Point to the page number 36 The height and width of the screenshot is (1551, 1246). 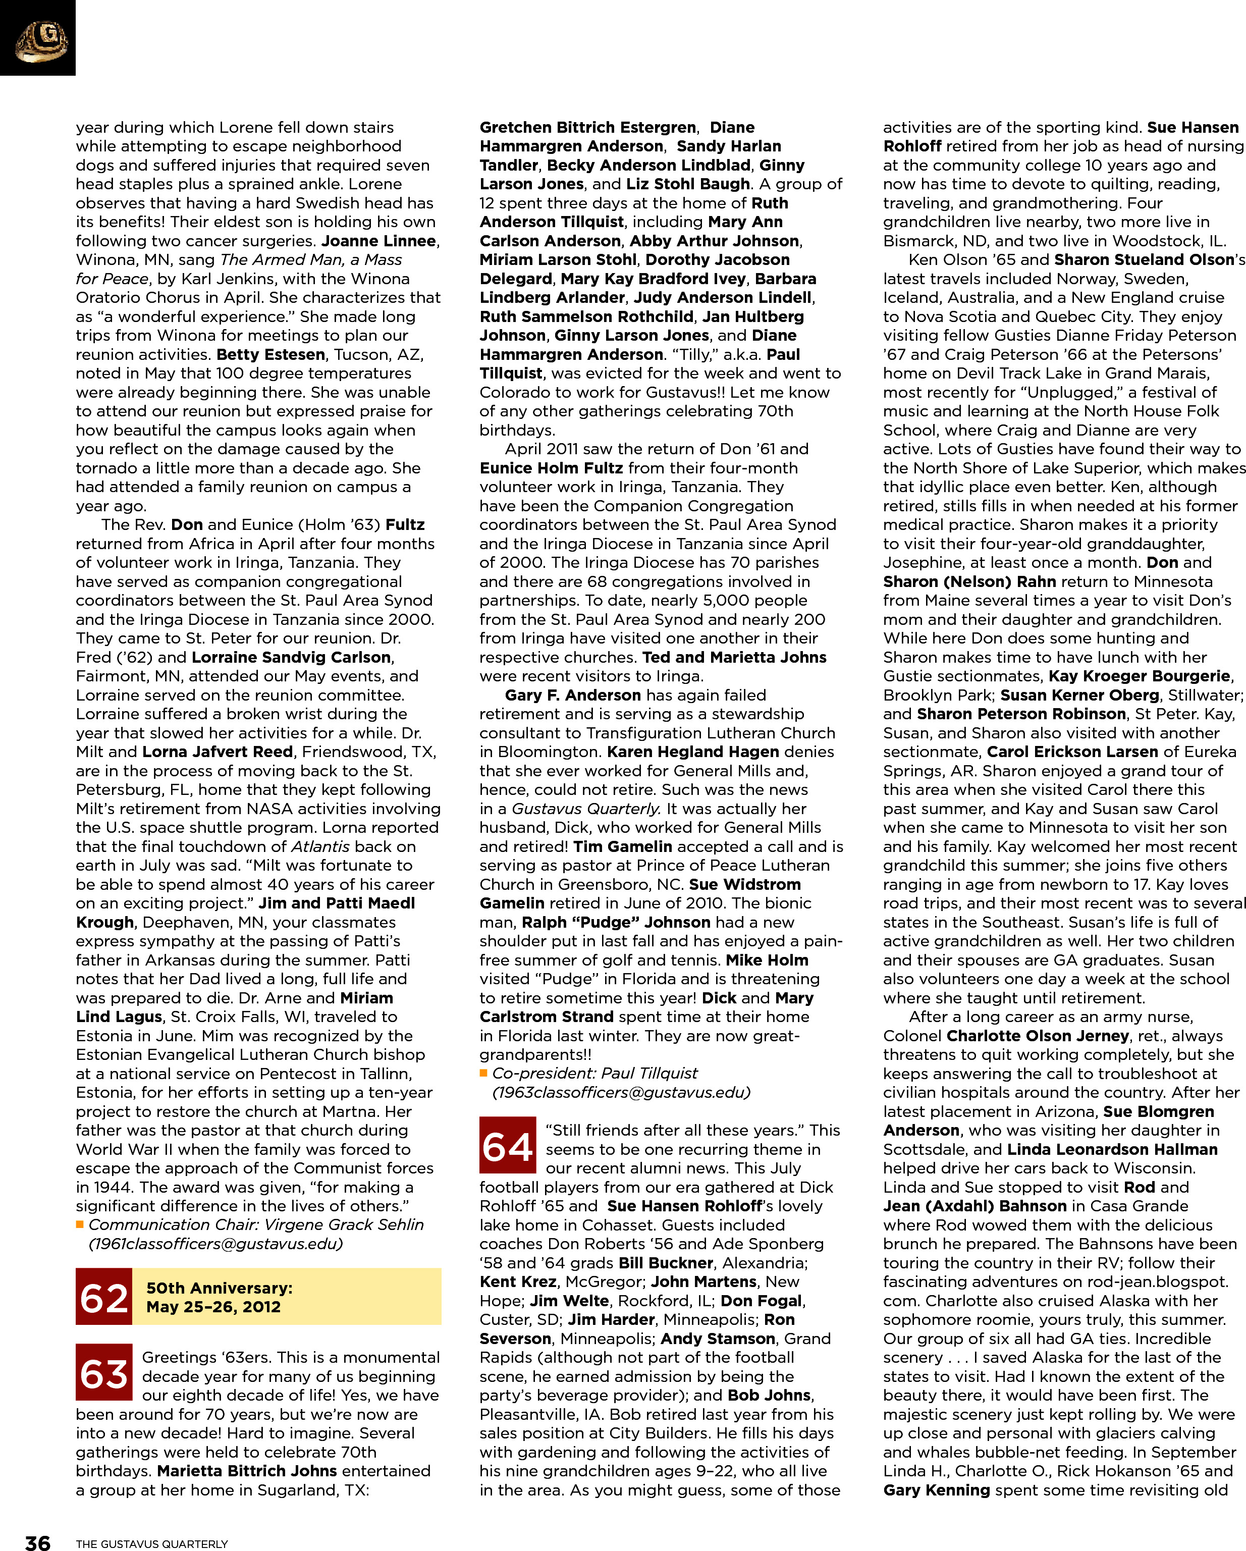click(x=37, y=1541)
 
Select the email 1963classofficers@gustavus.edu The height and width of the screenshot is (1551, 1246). click(x=621, y=1093)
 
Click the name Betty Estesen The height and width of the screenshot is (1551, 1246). click(x=270, y=355)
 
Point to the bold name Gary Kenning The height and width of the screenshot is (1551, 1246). click(x=937, y=1490)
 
